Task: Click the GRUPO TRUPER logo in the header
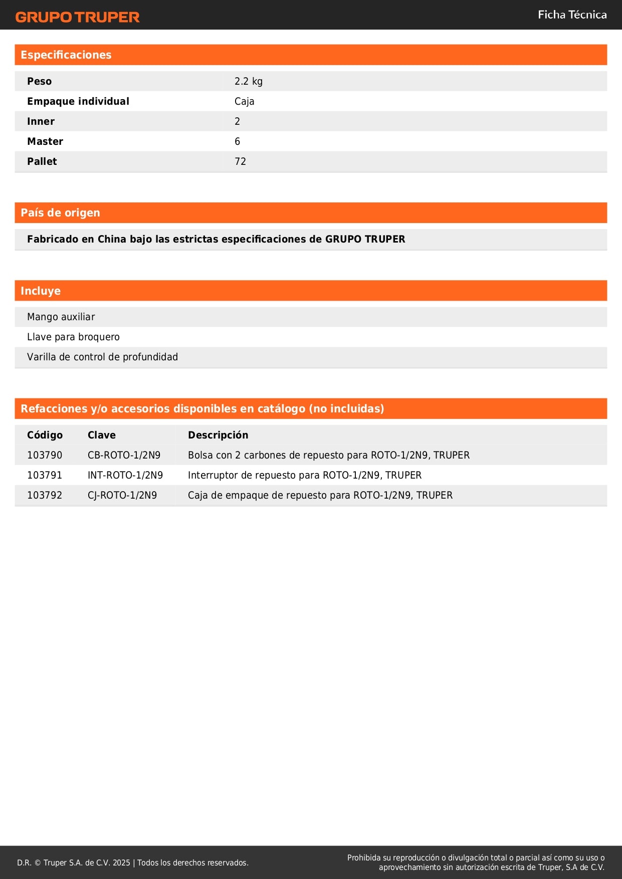[77, 17]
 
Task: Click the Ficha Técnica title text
[572, 15]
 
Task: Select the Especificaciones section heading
[66, 55]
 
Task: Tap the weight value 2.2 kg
[248, 81]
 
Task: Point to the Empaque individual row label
[78, 101]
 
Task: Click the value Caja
[244, 101]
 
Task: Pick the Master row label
[45, 141]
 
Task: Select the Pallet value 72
[240, 161]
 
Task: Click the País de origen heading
[60, 213]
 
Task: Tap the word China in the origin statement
[112, 239]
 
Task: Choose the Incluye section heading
[41, 291]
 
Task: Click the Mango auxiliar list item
[61, 317]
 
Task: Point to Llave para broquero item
[73, 337]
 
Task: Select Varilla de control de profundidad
[102, 357]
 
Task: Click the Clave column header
[101, 435]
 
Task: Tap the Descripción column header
[218, 435]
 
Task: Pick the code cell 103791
[45, 475]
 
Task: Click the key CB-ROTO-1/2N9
[124, 455]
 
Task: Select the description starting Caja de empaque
[320, 495]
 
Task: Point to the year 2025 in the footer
[121, 862]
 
